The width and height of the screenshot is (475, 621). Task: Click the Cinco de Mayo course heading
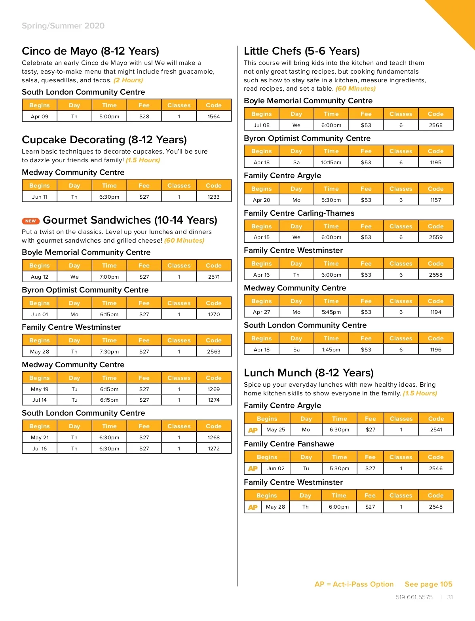pos(90,51)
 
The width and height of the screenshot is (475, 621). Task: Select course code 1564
pos(214,116)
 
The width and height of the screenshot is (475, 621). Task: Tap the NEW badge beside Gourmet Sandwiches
pos(30,221)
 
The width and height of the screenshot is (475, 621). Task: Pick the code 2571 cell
pos(214,277)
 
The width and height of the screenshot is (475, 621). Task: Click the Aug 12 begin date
pos(40,277)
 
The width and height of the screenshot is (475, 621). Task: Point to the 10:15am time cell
pos(331,162)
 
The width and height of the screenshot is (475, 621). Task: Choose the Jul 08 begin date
pos(262,125)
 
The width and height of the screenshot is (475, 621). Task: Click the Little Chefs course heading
pos(302,51)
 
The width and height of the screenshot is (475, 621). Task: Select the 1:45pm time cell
pos(331,349)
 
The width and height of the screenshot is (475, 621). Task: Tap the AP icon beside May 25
pos(253,430)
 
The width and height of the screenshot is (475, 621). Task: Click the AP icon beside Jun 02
pos(253,469)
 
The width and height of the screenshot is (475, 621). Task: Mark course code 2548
pos(435,507)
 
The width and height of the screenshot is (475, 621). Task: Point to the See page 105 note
pos(428,584)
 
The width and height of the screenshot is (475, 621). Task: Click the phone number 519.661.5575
pos(414,597)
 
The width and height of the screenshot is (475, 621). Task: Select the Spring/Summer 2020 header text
pos(63,26)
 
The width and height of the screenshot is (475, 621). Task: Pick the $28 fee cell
pos(144,116)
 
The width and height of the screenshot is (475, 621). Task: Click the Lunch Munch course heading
pos(308,373)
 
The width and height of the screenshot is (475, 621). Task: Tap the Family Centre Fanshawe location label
pos(289,444)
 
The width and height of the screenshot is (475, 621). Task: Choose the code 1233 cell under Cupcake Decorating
pos(214,197)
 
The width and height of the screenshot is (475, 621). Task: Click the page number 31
pos(450,597)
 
